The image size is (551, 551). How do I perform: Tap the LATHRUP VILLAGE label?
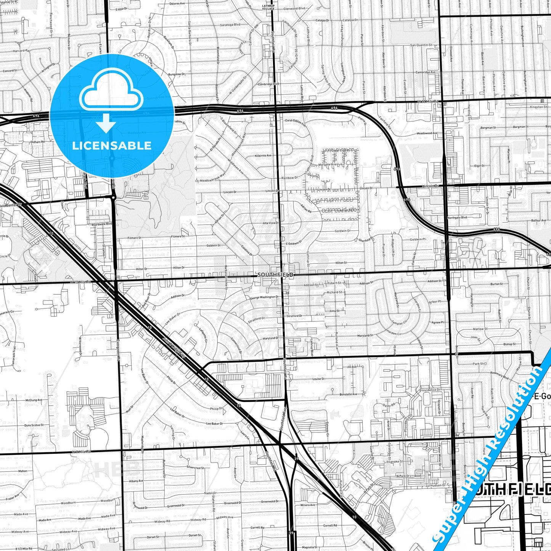pos(271,7)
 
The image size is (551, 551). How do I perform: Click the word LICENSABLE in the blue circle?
pos(112,145)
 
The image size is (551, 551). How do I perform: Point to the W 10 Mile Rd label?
pos(81,282)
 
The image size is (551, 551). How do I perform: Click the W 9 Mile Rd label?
pos(81,451)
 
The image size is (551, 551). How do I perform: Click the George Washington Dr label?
pos(264,297)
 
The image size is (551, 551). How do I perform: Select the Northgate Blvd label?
pos(457,217)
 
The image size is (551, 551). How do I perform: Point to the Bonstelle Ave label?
pos(348,394)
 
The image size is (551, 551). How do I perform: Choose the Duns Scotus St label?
pos(34,425)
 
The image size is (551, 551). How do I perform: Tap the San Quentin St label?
pos(421,45)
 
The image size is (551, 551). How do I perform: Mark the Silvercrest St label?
pos(195,467)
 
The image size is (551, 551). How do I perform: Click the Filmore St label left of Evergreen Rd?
pos(134,238)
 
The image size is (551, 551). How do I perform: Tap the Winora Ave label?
pos(307,505)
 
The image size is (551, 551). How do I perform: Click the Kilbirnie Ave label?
pos(263,156)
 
